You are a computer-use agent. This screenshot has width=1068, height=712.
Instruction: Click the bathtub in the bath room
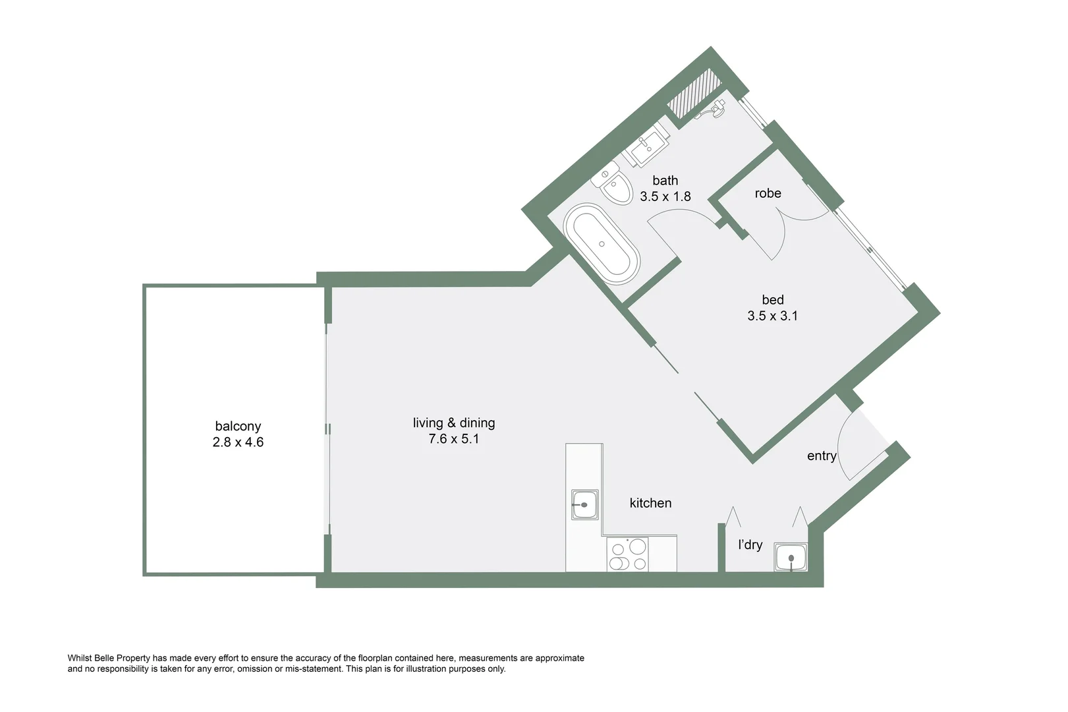pyautogui.click(x=602, y=244)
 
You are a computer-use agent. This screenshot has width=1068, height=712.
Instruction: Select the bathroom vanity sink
pyautogui.click(x=646, y=147)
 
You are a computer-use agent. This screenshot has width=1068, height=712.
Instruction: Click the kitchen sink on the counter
pyautogui.click(x=584, y=505)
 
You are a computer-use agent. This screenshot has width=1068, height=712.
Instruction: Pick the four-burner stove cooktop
pyautogui.click(x=628, y=554)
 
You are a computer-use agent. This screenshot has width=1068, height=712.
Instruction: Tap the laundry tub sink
pyautogui.click(x=791, y=558)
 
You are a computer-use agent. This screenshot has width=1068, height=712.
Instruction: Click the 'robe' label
pyautogui.click(x=768, y=193)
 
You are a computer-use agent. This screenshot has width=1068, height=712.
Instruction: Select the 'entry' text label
pyautogui.click(x=821, y=456)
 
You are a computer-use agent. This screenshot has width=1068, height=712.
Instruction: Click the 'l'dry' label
pyautogui.click(x=750, y=545)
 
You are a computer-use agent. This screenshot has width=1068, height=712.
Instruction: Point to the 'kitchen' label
pyautogui.click(x=650, y=503)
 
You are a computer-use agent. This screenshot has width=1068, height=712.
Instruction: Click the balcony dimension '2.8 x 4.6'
pyautogui.click(x=238, y=442)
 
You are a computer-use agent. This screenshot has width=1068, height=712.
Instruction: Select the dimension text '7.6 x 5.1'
pyautogui.click(x=453, y=439)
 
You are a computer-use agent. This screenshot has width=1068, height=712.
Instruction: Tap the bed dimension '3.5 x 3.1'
pyautogui.click(x=772, y=316)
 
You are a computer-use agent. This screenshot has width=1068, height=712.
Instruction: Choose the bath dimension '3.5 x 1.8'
pyautogui.click(x=665, y=196)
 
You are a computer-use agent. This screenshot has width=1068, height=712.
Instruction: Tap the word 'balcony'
pyautogui.click(x=238, y=427)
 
